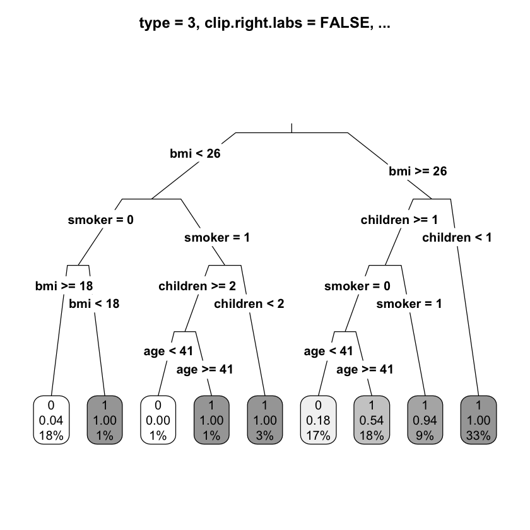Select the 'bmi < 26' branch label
point(195,153)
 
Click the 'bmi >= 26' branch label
point(418,171)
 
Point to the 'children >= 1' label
point(399,220)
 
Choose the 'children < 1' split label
point(457,237)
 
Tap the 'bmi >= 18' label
point(64,286)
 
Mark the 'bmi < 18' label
point(94,303)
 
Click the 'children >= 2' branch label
point(197,286)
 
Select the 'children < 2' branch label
point(249,303)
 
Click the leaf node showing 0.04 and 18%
point(51,420)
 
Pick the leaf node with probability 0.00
point(158,420)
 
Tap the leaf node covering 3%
point(265,420)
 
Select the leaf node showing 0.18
point(319,420)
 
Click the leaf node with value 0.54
point(372,420)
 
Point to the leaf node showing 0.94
point(425,420)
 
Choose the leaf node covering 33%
point(479,420)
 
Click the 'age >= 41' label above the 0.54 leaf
point(365,369)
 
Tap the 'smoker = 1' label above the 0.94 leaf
point(409,303)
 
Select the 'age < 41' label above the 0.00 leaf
point(168,351)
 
